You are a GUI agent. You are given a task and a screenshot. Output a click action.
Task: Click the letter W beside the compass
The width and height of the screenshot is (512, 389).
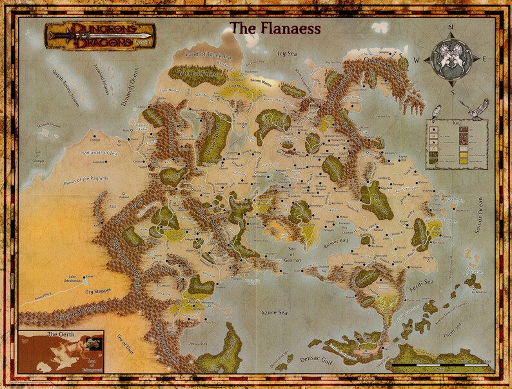click(417, 60)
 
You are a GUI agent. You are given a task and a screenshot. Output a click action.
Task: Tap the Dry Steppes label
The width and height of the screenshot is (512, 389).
click(97, 292)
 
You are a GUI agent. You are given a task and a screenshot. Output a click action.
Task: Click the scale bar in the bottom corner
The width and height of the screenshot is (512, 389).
click(439, 366)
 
